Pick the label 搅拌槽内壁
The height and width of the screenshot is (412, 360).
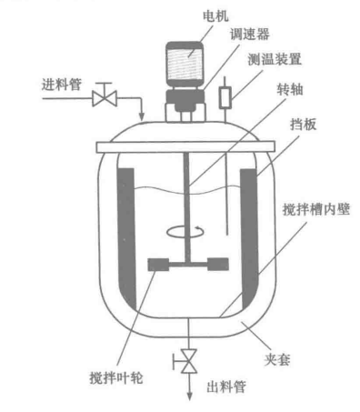(315, 209)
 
